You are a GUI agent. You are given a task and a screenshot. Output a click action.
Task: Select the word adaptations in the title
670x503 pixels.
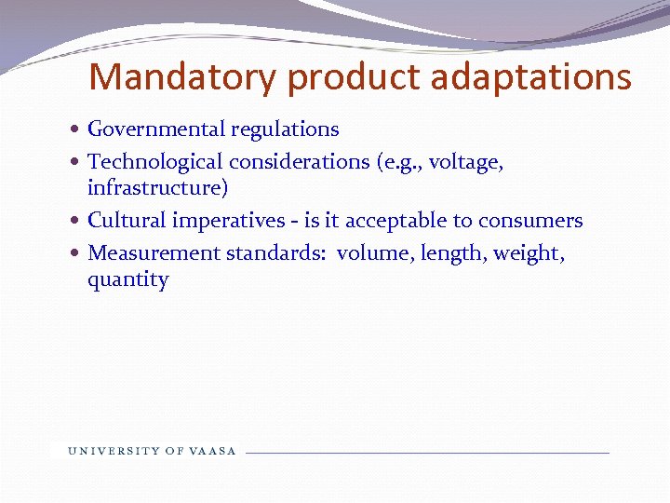(531, 76)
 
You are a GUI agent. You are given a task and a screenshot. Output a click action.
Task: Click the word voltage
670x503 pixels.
(465, 162)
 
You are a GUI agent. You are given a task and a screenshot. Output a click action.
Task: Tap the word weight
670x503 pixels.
(531, 253)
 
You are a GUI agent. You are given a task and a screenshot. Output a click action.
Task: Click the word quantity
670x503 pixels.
(128, 280)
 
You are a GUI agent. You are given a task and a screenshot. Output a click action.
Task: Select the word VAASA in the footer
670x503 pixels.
(214, 451)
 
